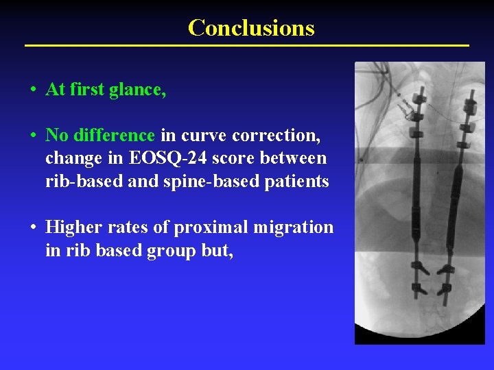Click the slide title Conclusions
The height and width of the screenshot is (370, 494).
point(251,27)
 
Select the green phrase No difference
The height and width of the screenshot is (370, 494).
point(100,136)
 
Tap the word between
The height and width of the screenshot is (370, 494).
point(297,159)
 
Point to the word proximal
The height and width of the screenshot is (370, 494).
point(200,227)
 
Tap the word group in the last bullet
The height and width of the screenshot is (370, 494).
point(167,251)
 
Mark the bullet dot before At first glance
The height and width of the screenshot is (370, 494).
point(33,90)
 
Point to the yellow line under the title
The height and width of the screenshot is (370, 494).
point(247,45)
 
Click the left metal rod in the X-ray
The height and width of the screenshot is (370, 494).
point(415,206)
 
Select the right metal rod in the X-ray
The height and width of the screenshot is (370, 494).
point(454,206)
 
